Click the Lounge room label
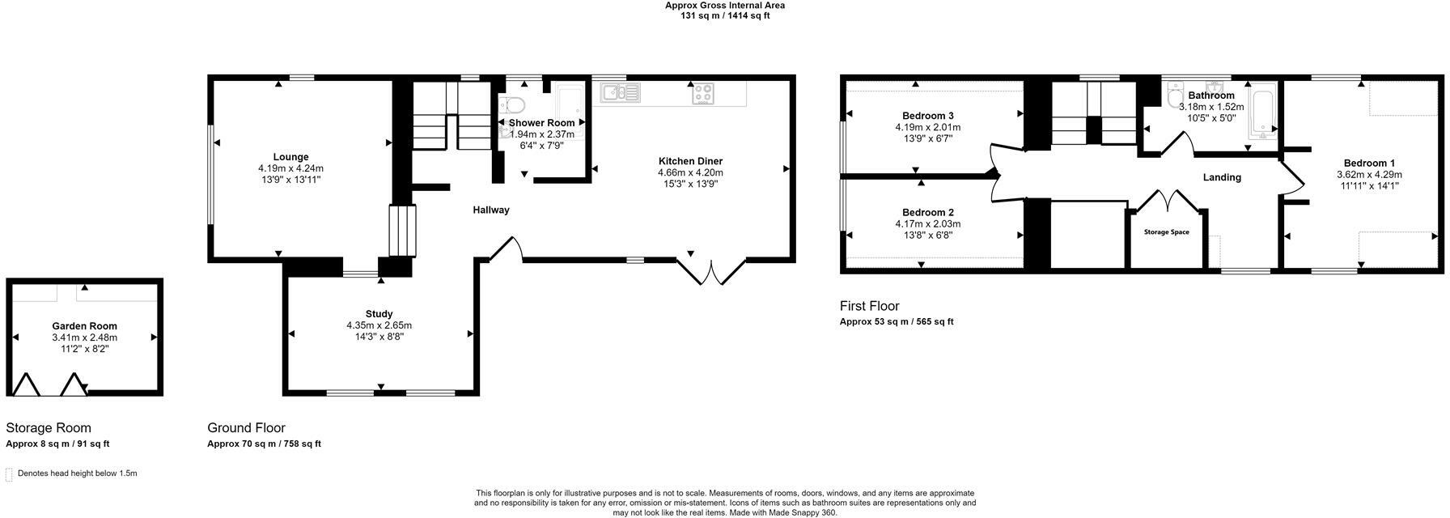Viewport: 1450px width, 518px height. pyautogui.click(x=290, y=157)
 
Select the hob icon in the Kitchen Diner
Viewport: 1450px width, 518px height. pyautogui.click(x=702, y=93)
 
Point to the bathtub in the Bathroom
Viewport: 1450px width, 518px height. pyautogui.click(x=1261, y=111)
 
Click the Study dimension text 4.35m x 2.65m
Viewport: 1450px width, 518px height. pyautogui.click(x=379, y=325)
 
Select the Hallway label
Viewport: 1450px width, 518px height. pyautogui.click(x=491, y=210)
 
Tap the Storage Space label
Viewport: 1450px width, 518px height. pyautogui.click(x=1166, y=232)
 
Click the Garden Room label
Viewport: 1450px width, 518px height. pyautogui.click(x=84, y=326)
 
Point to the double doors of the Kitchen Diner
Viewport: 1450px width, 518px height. pyautogui.click(x=711, y=271)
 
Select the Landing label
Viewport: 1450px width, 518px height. pyautogui.click(x=1221, y=177)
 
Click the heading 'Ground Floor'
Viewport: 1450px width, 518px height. pyautogui.click(x=246, y=428)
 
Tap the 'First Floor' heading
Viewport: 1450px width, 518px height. pyautogui.click(x=869, y=306)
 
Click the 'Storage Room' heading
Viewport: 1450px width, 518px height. pyautogui.click(x=49, y=428)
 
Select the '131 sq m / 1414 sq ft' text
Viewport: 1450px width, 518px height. pyautogui.click(x=724, y=15)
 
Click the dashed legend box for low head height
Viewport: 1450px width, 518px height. pyautogui.click(x=10, y=474)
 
